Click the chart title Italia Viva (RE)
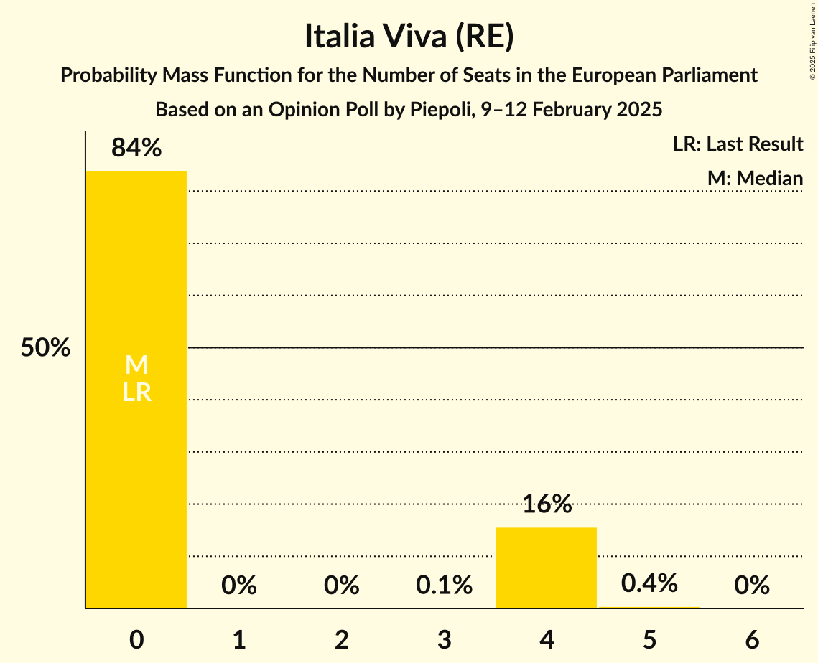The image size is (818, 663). tap(409, 37)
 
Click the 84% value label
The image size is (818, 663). tap(136, 149)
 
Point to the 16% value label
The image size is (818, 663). tap(547, 504)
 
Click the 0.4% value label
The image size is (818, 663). tap(649, 583)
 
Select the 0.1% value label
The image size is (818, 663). tap(444, 586)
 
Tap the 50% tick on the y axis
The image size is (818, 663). tap(45, 348)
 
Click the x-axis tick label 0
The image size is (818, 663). tap(136, 640)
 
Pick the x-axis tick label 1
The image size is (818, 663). tap(239, 640)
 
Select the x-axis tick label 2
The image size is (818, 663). tap(342, 640)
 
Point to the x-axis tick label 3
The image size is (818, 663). tap(444, 640)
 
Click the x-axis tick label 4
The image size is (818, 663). tap(547, 640)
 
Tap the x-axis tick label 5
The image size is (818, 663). tap(649, 640)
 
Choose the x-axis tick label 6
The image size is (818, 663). tap(752, 640)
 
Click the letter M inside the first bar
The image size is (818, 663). tap(136, 366)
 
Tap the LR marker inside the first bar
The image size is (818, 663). tap(136, 392)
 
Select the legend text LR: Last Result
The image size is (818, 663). tap(738, 144)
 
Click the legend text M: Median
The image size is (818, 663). tap(755, 178)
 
